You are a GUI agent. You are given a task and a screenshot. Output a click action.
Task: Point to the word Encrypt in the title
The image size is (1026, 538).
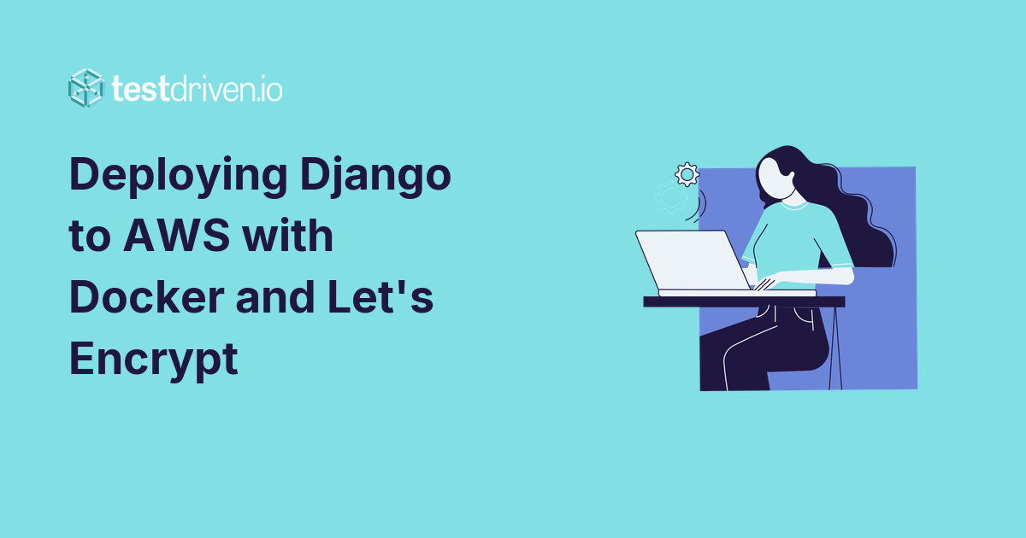[x=152, y=358]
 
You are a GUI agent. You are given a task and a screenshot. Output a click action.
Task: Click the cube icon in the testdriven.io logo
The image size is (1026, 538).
[x=85, y=87]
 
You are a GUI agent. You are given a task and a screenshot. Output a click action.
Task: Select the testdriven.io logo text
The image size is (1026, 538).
[x=197, y=88]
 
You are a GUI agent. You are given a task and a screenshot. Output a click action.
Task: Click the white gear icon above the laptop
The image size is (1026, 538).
[x=687, y=174]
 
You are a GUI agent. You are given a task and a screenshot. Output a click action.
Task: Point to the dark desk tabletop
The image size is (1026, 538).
[x=744, y=301]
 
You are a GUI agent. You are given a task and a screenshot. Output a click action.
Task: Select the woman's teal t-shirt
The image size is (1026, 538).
[x=799, y=239]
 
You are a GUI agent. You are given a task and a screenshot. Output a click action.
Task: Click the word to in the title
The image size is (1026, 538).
[x=89, y=235]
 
